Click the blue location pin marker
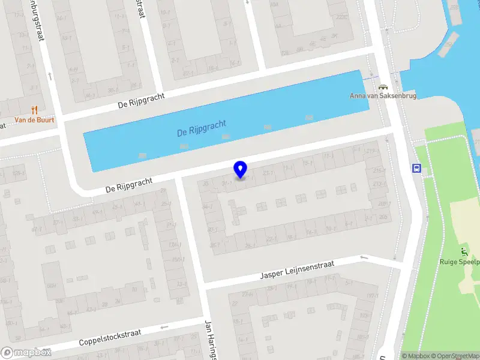(x=241, y=169)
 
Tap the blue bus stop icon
(x=416, y=168)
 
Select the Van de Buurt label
(x=34, y=120)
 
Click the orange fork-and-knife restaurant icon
(x=34, y=110)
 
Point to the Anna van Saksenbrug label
(x=383, y=96)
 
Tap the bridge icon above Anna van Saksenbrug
(x=383, y=86)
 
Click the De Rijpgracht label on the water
(x=202, y=128)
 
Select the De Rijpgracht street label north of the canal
(x=141, y=100)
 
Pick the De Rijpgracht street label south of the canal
(x=129, y=184)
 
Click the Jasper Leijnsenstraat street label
(x=298, y=271)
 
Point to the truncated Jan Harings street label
(x=209, y=340)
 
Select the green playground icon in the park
(x=463, y=251)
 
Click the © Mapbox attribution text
(x=416, y=356)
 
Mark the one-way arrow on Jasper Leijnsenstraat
(x=364, y=257)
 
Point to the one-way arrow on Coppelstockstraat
(x=164, y=327)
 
